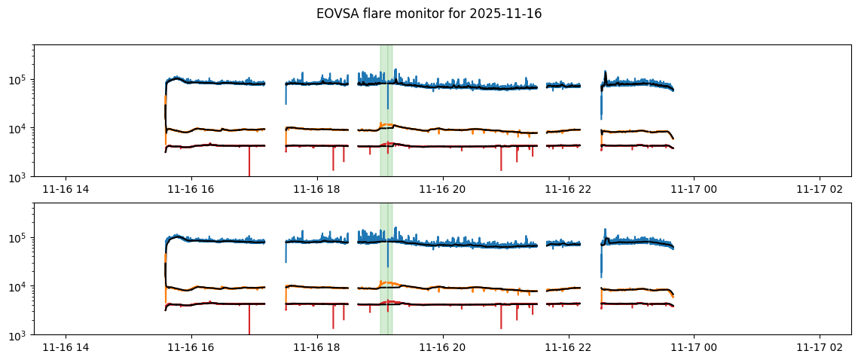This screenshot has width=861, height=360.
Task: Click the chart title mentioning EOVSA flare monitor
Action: [429, 14]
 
